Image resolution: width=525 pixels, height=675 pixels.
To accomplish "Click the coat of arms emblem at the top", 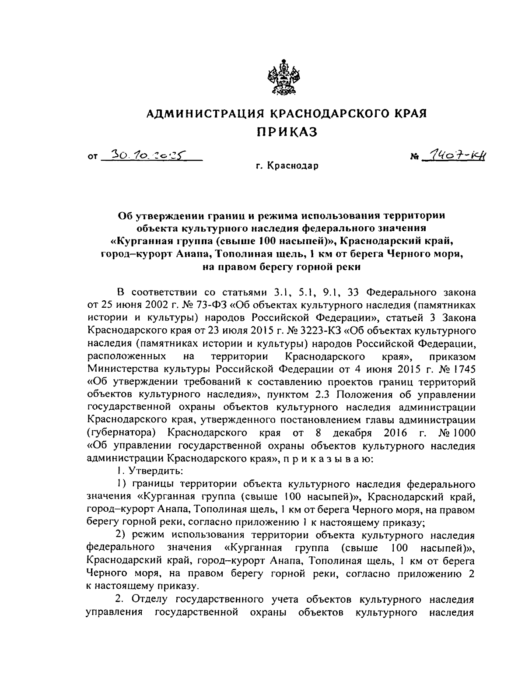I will coord(281,77).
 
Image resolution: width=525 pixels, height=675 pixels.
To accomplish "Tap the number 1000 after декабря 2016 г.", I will coord(458,433).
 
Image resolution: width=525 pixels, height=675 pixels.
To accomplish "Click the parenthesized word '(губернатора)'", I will coord(117,433).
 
